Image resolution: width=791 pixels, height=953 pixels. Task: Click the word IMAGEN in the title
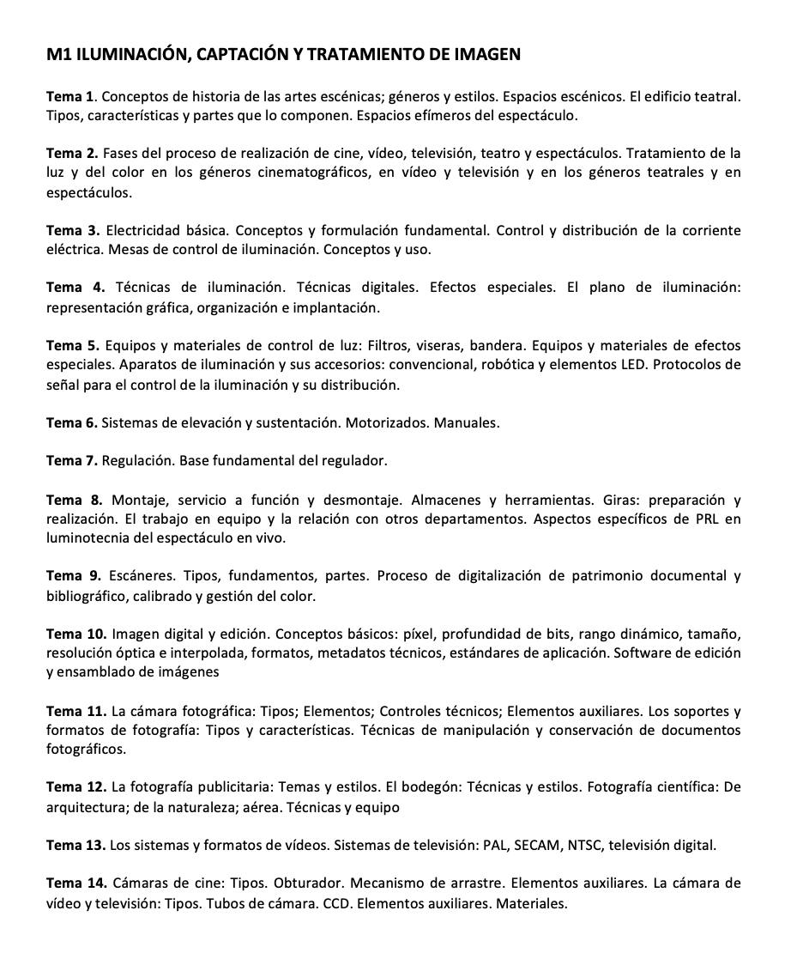pos(486,56)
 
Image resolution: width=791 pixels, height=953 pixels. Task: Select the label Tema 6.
pos(71,422)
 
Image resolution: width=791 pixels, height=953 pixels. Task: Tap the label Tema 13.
pos(75,846)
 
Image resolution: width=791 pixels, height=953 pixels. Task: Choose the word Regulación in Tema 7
pos(137,461)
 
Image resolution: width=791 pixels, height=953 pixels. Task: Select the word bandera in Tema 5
pos(463,346)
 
